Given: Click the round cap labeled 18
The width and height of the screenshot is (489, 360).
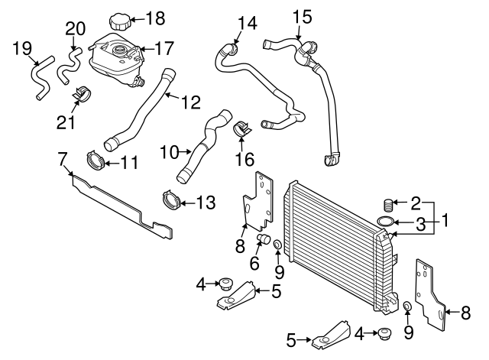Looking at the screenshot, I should click(120, 20).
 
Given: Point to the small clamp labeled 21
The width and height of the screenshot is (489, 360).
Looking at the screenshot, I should click(79, 96).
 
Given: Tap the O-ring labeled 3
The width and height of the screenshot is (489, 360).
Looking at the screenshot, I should click(387, 222).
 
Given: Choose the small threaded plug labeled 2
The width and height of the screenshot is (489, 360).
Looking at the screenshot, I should click(387, 204).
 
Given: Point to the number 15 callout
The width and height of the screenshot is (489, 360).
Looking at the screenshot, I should click(302, 15).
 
